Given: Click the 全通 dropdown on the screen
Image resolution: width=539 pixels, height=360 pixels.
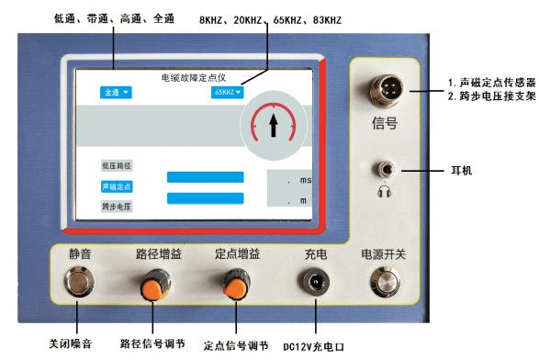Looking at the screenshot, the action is click(115, 93).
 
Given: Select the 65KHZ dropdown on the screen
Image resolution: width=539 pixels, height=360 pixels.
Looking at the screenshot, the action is click(227, 93).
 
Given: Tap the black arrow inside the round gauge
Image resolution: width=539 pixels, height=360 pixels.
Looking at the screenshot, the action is click(272, 124).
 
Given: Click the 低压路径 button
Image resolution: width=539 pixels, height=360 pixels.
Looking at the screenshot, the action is click(117, 165).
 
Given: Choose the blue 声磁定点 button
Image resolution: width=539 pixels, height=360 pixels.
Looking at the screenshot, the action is click(117, 186).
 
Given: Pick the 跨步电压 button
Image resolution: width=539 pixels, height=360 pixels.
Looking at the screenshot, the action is click(117, 207).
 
